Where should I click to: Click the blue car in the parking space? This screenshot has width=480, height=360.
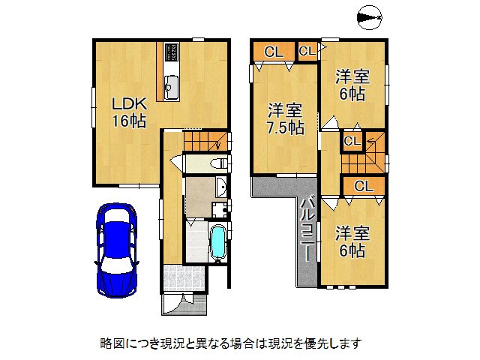click(x=116, y=250)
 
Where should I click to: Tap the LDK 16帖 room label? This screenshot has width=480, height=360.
click(x=129, y=112)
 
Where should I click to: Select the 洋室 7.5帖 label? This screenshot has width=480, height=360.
click(x=285, y=119)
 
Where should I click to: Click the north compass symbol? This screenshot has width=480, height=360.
click(x=370, y=17)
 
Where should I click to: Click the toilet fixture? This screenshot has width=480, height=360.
click(x=219, y=163)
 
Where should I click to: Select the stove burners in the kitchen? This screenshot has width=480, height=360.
click(x=172, y=52)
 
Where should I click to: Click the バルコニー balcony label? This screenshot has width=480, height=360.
click(x=307, y=230)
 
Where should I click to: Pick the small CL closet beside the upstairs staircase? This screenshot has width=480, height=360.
click(x=352, y=141)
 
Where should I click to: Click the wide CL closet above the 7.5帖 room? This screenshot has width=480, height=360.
click(x=274, y=52)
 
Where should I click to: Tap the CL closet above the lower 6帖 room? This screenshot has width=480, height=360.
click(x=364, y=186)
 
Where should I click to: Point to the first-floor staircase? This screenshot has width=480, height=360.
click(x=207, y=141)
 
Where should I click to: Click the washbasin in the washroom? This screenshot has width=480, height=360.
click(x=220, y=187)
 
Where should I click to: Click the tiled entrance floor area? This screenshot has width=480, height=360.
click(x=184, y=277)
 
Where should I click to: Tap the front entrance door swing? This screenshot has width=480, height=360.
click(x=173, y=304)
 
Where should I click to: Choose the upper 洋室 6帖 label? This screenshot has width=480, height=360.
click(x=352, y=85)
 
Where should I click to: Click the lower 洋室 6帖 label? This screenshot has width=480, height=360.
click(x=352, y=241)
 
